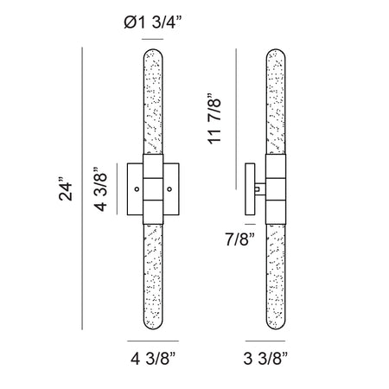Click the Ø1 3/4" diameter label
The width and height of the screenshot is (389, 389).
point(153,22)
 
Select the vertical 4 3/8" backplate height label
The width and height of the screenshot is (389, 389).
point(100,189)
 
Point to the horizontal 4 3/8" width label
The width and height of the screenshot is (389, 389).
point(153,359)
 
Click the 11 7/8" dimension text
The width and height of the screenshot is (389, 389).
point(214,118)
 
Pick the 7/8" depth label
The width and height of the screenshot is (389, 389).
point(239,239)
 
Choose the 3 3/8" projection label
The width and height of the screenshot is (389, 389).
point(265,359)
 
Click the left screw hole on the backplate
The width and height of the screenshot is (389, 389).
point(137,189)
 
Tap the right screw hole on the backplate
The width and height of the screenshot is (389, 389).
point(169,189)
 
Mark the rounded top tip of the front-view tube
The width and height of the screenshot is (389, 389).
point(153,49)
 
